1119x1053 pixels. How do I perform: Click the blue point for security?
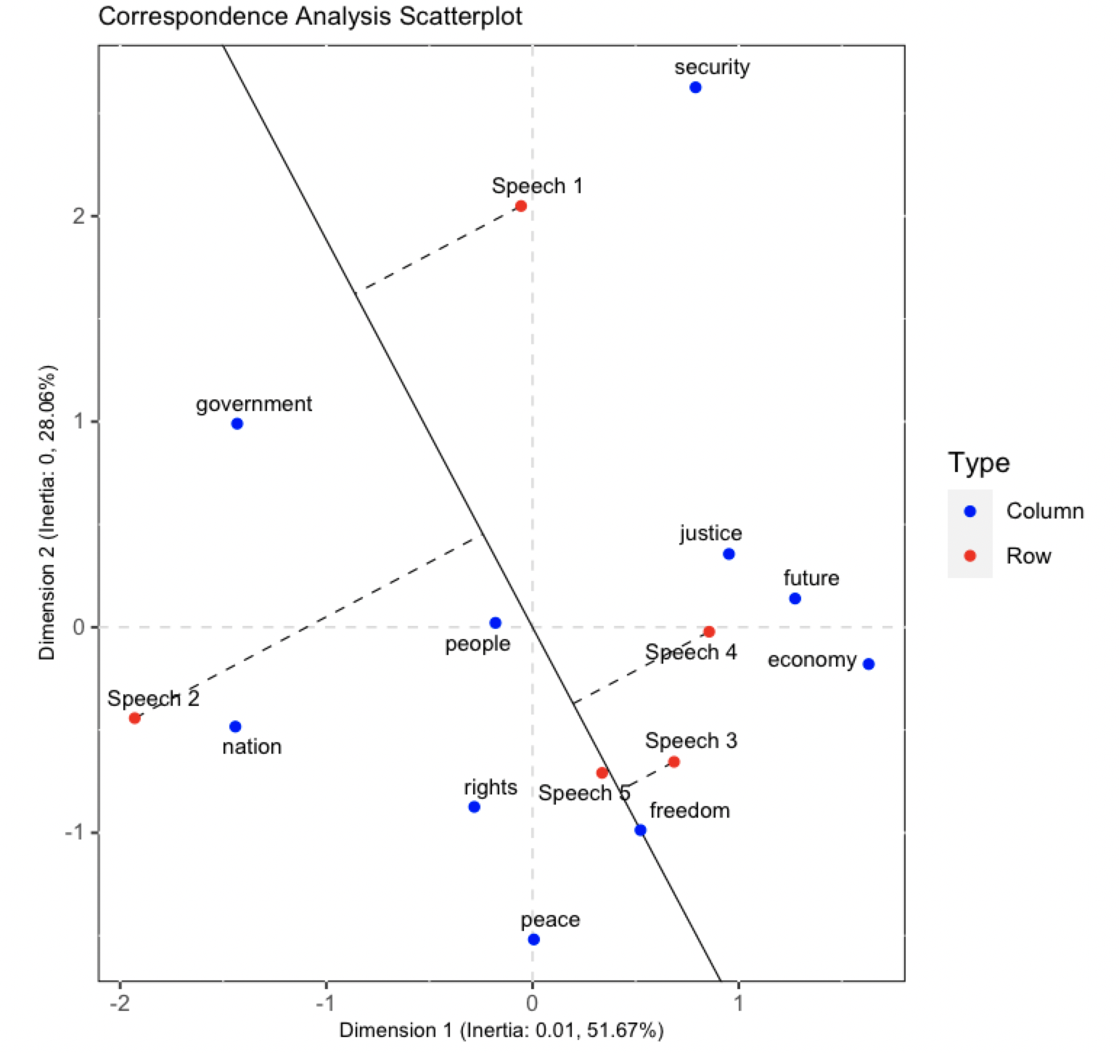695,88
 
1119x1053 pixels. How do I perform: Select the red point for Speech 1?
520,206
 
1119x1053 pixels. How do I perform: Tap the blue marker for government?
237,424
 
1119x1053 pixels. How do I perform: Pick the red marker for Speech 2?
134,718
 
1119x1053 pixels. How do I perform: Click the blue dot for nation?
235,727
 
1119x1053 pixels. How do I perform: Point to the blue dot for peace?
533,940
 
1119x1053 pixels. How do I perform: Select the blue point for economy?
869,664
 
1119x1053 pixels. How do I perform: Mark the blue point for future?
795,599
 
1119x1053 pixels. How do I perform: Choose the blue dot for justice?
729,555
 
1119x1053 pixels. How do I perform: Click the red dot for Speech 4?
709,632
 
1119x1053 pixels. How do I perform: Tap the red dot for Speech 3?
673,762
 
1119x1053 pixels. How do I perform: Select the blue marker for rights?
474,807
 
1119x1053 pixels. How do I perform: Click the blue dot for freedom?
640,831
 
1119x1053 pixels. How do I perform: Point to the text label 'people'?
477,644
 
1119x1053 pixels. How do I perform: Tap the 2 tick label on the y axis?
79,216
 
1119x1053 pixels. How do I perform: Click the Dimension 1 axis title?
501,1030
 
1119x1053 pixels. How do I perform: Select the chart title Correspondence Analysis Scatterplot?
310,16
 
